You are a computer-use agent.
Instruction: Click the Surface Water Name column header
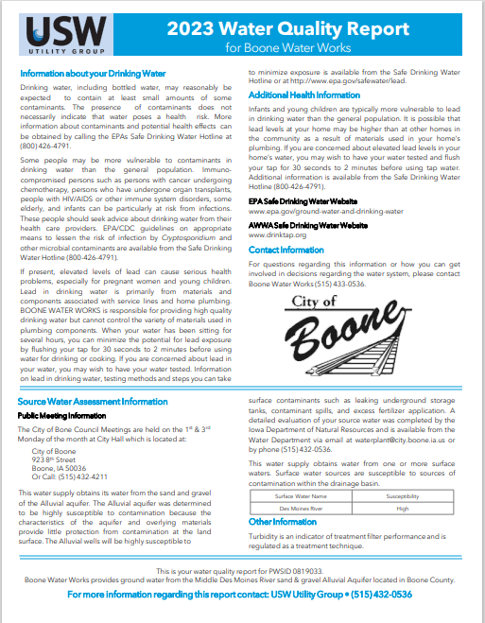point(300,494)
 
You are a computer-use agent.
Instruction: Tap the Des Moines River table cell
point(300,507)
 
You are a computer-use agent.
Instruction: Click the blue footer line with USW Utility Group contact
point(242,596)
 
